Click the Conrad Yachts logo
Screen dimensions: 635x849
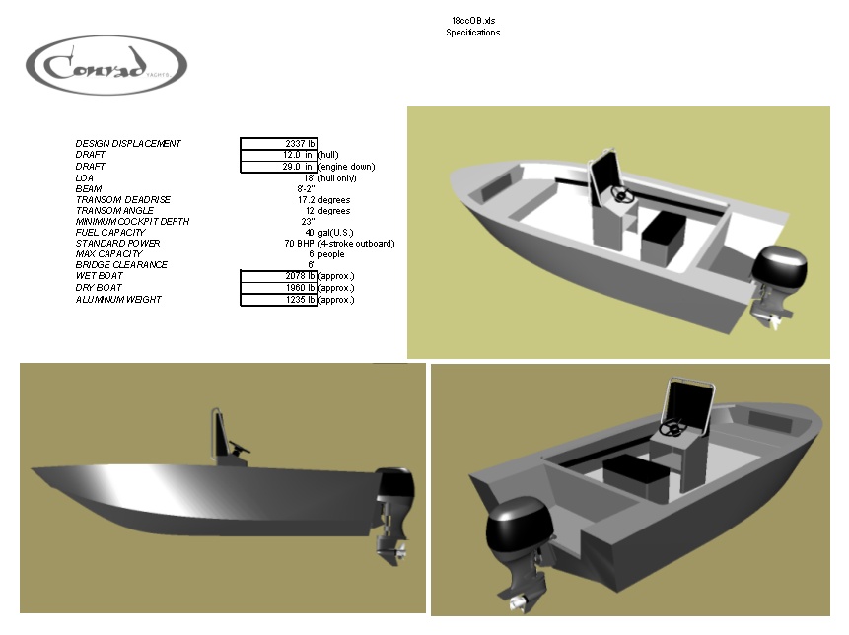[x=106, y=66]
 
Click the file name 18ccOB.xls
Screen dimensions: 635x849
[x=472, y=21]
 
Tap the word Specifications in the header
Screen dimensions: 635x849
[x=472, y=33]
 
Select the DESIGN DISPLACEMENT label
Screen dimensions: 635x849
[x=128, y=144]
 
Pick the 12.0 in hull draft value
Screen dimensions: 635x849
[x=297, y=155]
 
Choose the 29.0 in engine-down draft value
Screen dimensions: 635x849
[x=297, y=167]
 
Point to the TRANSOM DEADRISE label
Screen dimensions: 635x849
[x=117, y=200]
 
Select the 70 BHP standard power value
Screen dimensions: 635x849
[x=299, y=244]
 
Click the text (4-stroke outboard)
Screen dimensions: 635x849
[x=356, y=244]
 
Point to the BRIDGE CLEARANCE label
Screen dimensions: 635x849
[x=121, y=265]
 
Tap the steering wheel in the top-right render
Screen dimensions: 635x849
[x=623, y=195]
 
